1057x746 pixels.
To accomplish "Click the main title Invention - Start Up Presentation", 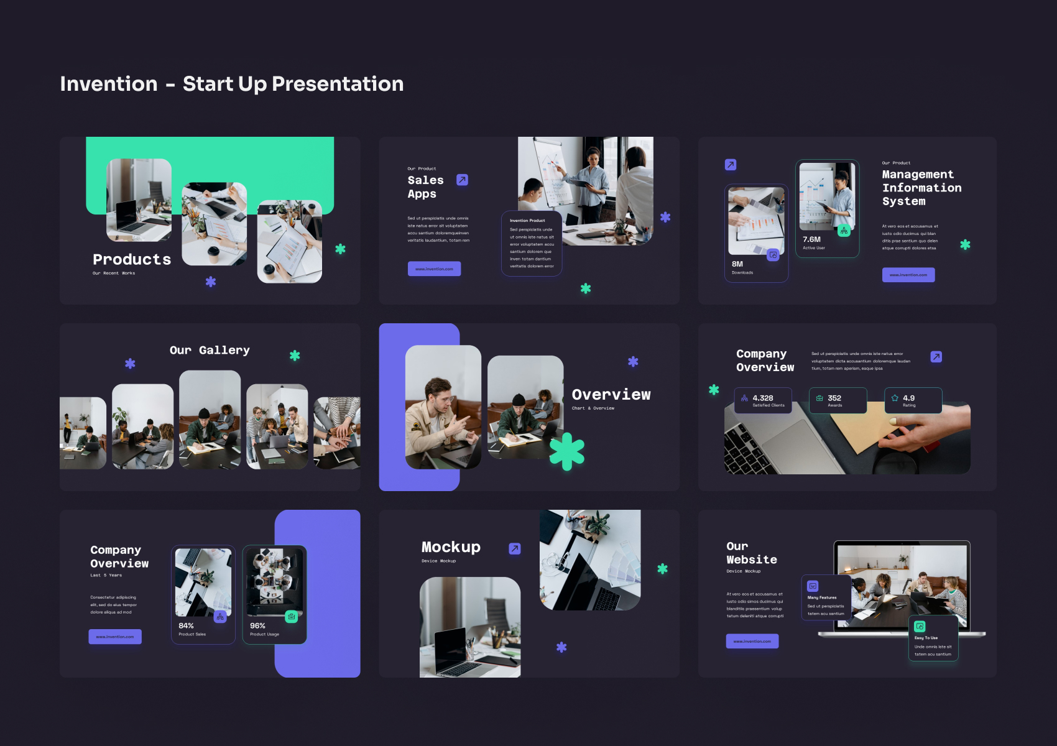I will click(231, 84).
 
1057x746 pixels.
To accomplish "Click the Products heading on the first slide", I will click(132, 259).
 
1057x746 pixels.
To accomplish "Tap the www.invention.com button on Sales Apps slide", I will click(434, 269).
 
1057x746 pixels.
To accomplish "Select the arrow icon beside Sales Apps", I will click(462, 180).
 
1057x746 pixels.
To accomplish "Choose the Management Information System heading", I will click(921, 188).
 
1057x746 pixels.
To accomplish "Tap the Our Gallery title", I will click(210, 350).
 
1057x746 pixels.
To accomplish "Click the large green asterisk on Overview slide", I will click(567, 451).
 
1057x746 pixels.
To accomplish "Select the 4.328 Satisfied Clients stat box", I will click(763, 400).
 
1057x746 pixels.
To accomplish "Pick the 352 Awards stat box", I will click(838, 400).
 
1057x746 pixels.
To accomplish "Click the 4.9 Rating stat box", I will click(913, 400).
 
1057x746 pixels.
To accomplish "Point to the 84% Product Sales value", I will click(186, 626).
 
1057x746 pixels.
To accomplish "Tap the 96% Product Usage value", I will click(257, 626).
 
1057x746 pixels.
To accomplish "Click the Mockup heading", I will click(451, 547).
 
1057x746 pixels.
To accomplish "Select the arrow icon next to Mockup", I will click(515, 548).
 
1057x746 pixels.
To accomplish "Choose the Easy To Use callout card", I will click(933, 638).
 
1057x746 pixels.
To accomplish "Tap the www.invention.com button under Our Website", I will click(752, 641).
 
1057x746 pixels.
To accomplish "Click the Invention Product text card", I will click(532, 243).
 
